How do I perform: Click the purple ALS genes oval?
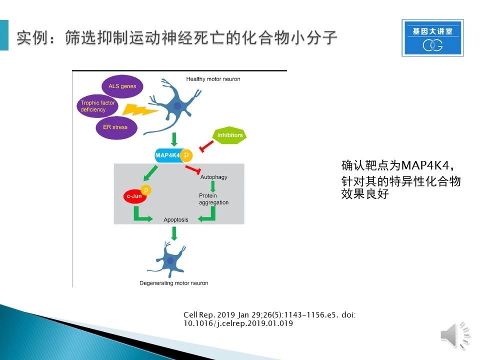122,86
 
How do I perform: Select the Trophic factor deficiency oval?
97,106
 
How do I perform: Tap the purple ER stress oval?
116,127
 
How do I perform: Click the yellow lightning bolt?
139,110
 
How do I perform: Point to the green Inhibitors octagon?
229,135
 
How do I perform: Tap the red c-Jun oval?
134,196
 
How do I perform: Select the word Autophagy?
213,177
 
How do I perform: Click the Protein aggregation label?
213,199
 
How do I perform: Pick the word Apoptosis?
175,220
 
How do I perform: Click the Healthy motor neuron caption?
213,79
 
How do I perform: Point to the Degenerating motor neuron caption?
174,283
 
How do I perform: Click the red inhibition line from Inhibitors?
206,146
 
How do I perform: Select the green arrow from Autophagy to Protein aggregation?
213,186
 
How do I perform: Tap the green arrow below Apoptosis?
174,233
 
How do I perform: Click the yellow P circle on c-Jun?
146,190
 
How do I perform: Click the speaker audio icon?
455,335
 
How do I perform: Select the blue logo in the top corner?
432,37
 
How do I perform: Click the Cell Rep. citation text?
269,319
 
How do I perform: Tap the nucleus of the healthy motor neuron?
177,106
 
